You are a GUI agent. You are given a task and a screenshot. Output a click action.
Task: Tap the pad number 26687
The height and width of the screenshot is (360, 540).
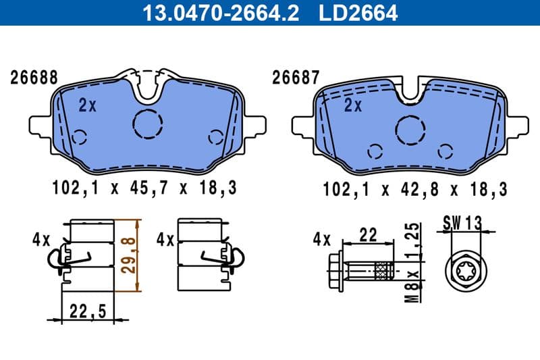tap(295, 78)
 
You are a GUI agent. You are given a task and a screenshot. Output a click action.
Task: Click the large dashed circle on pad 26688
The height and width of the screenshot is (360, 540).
tap(148, 124)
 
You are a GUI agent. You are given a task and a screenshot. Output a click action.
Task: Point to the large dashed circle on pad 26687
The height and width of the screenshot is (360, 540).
tap(410, 128)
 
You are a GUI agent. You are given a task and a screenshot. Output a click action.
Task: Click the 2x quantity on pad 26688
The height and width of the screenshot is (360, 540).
tap(87, 105)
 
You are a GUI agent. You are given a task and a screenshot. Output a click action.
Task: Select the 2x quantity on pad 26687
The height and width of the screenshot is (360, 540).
tap(353, 105)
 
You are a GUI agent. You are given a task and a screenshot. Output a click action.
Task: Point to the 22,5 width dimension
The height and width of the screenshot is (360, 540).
tap(88, 311)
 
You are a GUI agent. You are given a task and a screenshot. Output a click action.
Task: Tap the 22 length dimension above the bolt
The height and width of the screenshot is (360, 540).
tap(368, 235)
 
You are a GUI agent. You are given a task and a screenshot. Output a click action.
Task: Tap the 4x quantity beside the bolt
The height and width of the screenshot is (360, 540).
tap(322, 239)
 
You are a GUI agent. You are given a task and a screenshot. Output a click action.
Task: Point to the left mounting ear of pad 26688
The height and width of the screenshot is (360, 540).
tap(40, 125)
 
